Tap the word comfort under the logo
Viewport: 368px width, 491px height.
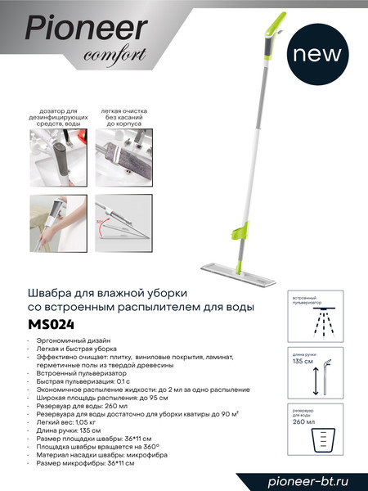(114, 56)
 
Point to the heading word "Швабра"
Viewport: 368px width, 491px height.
(52, 292)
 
